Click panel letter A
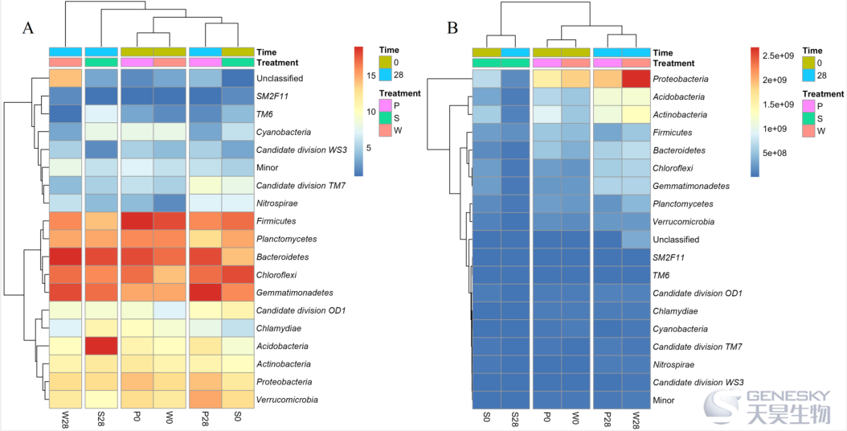click(x=27, y=28)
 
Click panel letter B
click(x=452, y=28)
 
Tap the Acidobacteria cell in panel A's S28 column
click(x=100, y=346)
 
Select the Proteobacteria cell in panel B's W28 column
click(x=635, y=79)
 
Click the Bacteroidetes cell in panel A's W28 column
click(x=65, y=257)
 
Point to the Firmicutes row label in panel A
click(x=276, y=221)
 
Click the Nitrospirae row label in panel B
click(x=673, y=364)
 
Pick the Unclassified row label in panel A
click(x=280, y=79)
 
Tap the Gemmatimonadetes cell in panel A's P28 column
click(x=205, y=293)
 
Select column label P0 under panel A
click(x=137, y=417)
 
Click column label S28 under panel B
click(x=515, y=419)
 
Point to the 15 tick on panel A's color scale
click(x=371, y=76)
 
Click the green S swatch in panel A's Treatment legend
click(x=385, y=117)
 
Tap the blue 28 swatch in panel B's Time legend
click(x=808, y=75)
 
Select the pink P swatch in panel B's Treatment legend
click(x=808, y=106)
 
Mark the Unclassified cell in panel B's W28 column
click(x=635, y=240)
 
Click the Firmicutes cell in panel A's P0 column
click(x=137, y=221)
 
